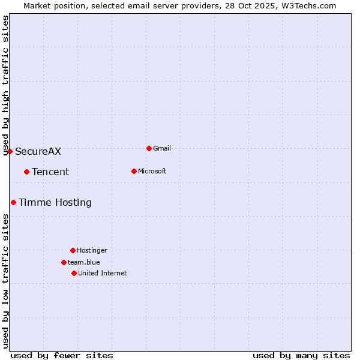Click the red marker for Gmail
149,148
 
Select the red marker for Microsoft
134,171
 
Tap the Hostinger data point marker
73,250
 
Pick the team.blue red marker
64,262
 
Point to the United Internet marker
74,273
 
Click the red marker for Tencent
26,172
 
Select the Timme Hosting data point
13,202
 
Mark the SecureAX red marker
10,151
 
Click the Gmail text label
162,148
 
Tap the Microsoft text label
152,171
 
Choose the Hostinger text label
92,250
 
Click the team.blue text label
84,262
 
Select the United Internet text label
103,273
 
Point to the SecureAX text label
38,151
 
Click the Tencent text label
50,172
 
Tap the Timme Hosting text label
55,202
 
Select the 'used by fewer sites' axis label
62,355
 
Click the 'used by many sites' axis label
301,355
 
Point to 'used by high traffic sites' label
5,85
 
